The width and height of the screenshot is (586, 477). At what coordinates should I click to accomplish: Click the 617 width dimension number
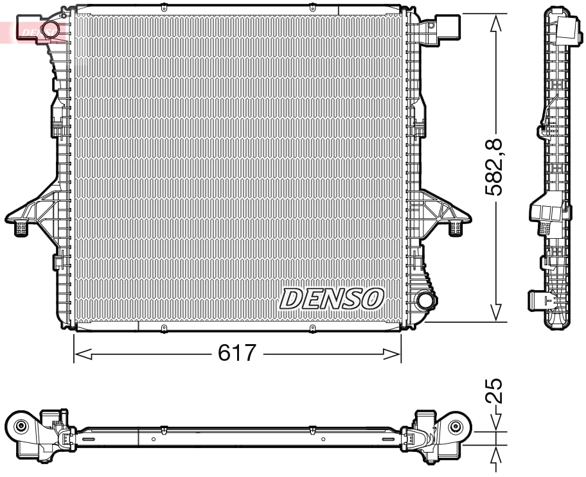pos(238,354)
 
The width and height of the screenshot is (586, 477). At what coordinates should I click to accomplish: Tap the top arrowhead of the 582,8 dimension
pos(495,23)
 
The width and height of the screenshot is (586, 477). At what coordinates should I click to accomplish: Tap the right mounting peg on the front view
pos(457,226)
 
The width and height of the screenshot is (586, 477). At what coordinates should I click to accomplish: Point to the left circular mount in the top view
pos(21,426)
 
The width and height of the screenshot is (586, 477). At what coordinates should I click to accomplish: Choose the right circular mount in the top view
pos(456,426)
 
